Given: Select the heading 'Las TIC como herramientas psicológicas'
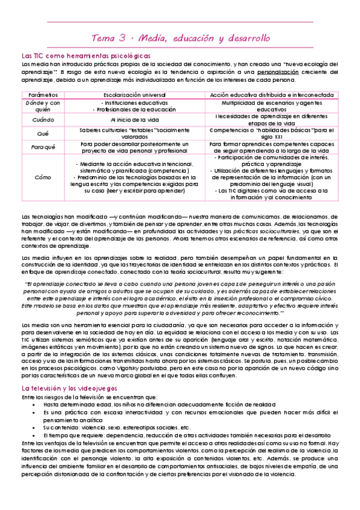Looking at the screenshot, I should coord(86,56).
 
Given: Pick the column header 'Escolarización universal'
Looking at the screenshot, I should coord(134,95).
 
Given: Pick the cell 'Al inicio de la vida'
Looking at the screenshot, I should coord(134,120).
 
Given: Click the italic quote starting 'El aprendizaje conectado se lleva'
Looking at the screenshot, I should coord(180,284).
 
